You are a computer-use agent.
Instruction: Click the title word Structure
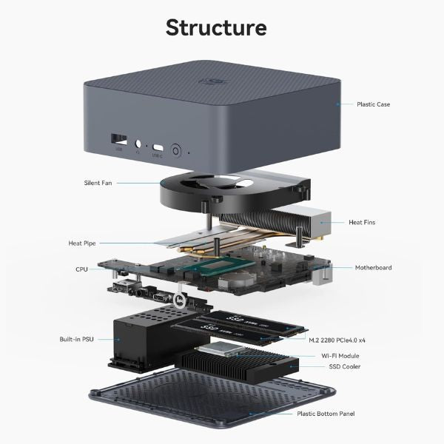pyautogui.click(x=216, y=27)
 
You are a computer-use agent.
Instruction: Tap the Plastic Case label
pyautogui.click(x=373, y=104)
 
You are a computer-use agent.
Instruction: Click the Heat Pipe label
pyautogui.click(x=81, y=243)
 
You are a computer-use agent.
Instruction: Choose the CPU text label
pyautogui.click(x=81, y=269)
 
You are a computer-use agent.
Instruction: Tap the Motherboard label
pyautogui.click(x=373, y=268)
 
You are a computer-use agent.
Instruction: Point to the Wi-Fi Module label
pyautogui.click(x=341, y=355)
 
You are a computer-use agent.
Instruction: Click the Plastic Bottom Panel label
pyautogui.click(x=326, y=414)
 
